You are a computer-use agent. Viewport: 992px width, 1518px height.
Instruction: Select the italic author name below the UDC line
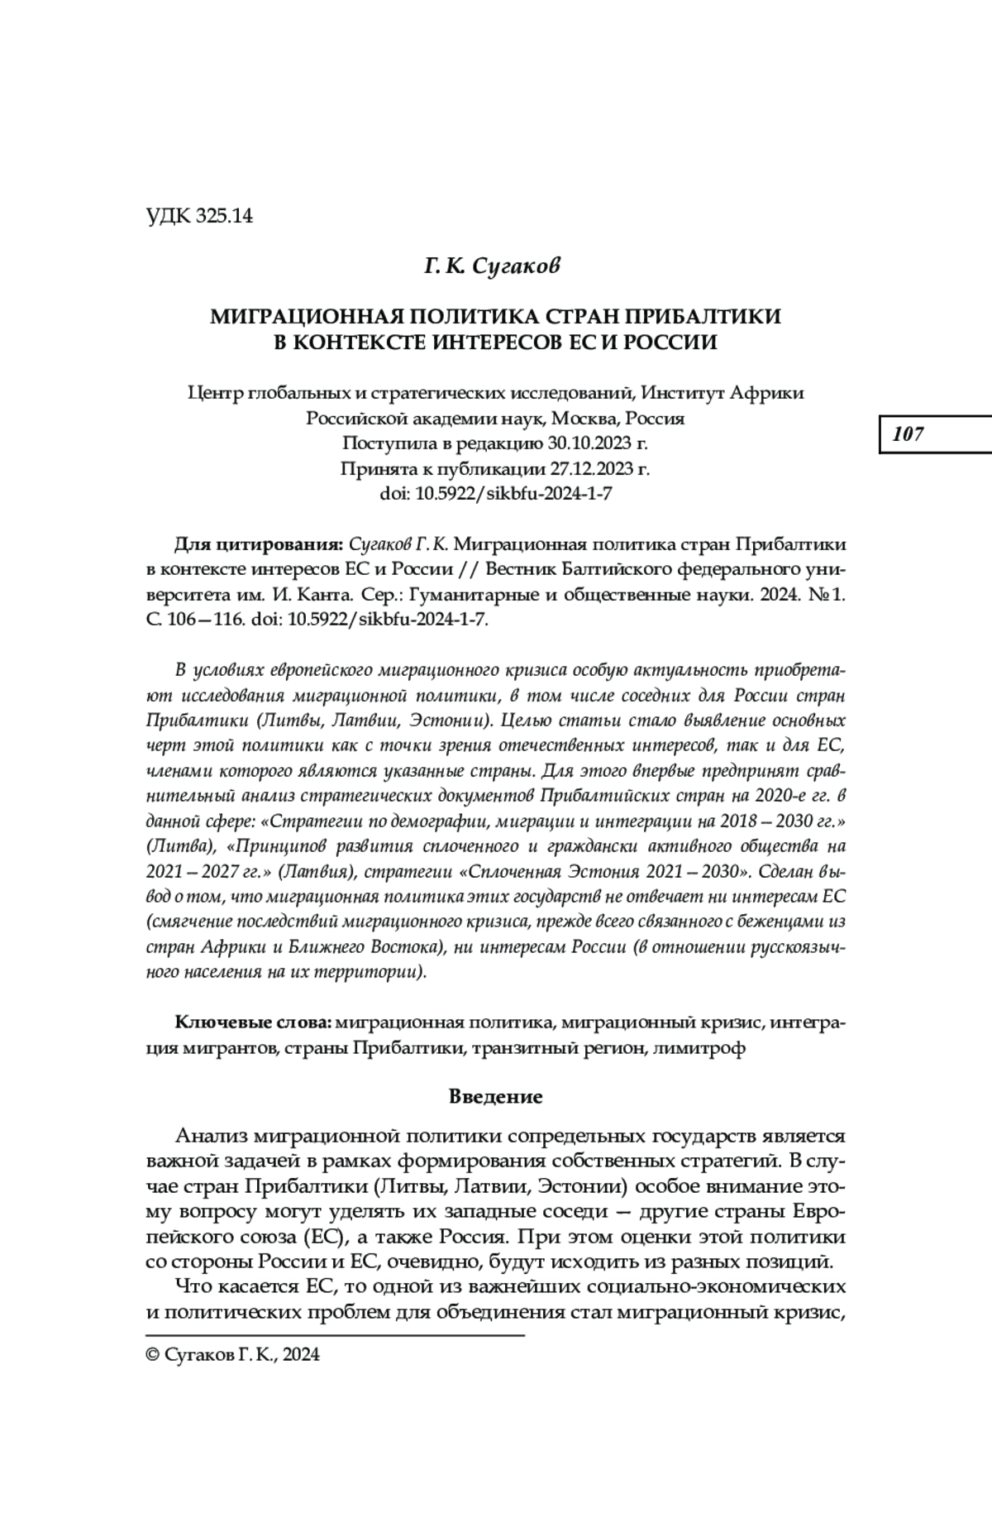493,266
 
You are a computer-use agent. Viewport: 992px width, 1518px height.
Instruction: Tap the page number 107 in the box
908,434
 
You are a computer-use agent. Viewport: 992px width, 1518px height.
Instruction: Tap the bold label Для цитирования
258,544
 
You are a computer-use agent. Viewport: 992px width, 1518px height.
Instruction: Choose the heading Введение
495,1097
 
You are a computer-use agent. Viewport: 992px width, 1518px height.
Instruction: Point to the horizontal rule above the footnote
335,1335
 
